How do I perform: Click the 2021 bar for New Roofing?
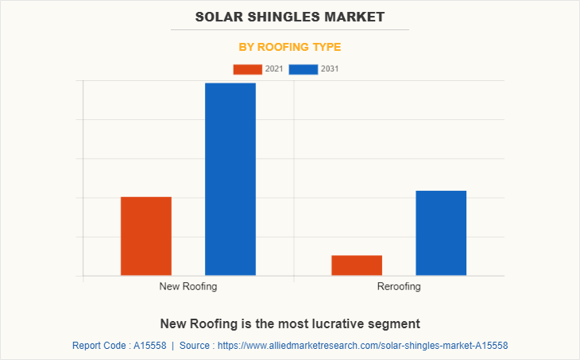pyautogui.click(x=146, y=236)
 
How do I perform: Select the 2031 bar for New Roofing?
pyautogui.click(x=230, y=179)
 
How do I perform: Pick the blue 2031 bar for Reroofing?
pyautogui.click(x=441, y=233)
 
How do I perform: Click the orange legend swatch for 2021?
pyautogui.click(x=247, y=69)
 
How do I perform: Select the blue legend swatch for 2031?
pyautogui.click(x=304, y=69)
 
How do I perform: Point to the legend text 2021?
pyautogui.click(x=274, y=69)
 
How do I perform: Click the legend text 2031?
pyautogui.click(x=330, y=69)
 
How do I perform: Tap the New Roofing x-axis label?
pyautogui.click(x=188, y=286)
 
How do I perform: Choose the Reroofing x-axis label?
pyautogui.click(x=399, y=286)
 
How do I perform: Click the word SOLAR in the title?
pyautogui.click(x=220, y=16)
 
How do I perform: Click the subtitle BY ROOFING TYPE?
pyautogui.click(x=290, y=47)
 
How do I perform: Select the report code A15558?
pyautogui.click(x=149, y=346)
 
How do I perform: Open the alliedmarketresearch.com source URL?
pyautogui.click(x=362, y=346)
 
